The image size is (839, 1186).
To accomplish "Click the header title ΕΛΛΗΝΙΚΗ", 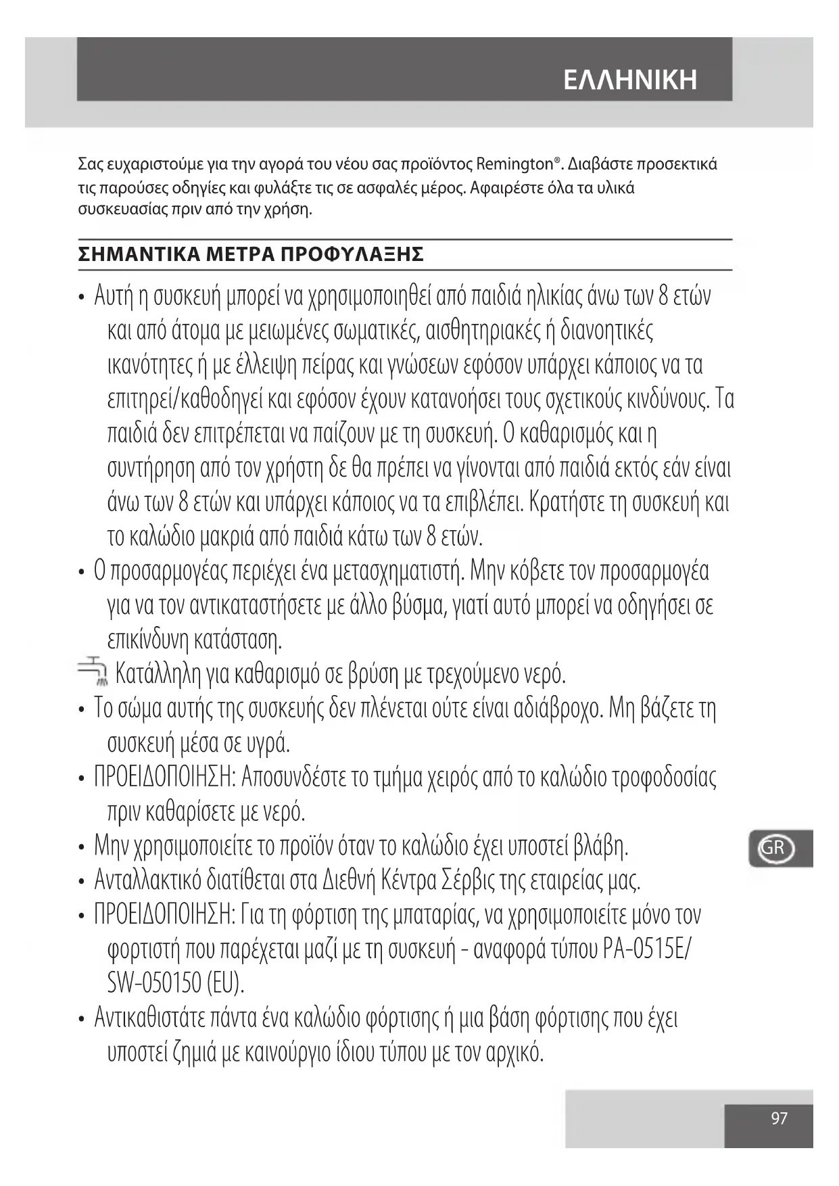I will (x=629, y=80).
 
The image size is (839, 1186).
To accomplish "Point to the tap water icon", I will (x=93, y=673).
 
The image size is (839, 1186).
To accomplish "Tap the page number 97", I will (x=779, y=1118).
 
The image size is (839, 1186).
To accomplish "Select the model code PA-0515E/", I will (x=646, y=949).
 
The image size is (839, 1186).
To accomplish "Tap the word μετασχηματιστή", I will (x=399, y=571).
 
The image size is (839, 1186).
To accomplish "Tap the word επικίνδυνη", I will (x=148, y=640).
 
